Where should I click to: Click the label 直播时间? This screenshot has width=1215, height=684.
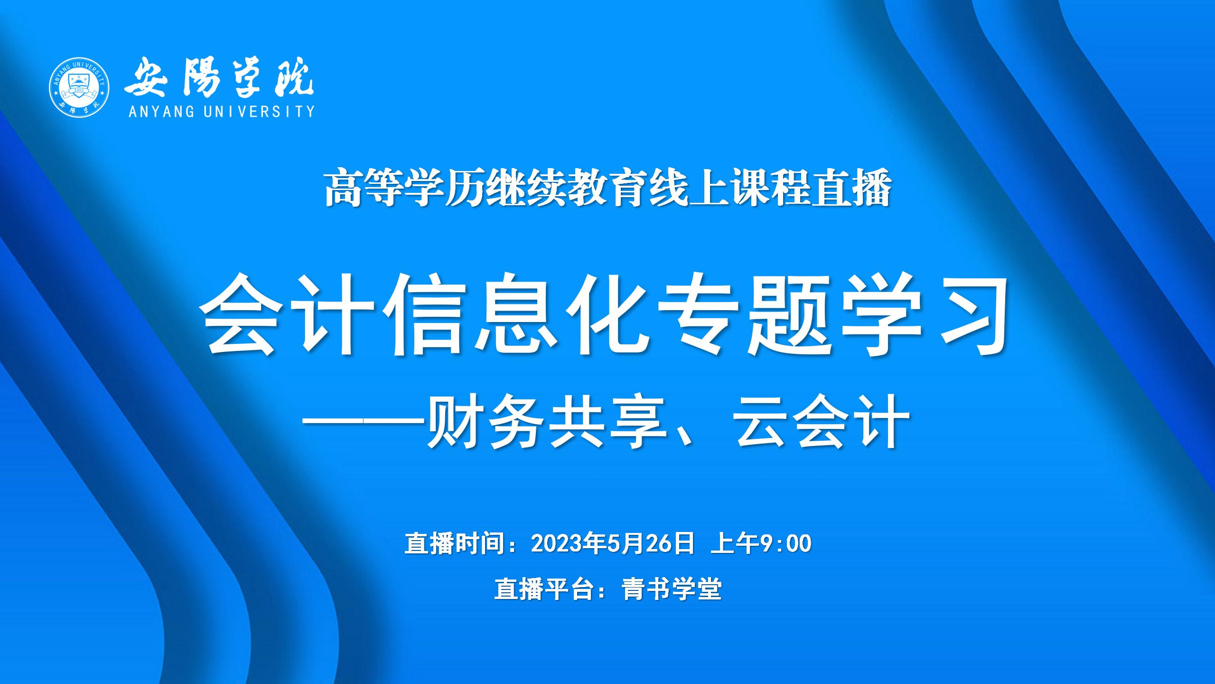[x=454, y=543]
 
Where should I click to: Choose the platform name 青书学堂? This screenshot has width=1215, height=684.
[x=672, y=589]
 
